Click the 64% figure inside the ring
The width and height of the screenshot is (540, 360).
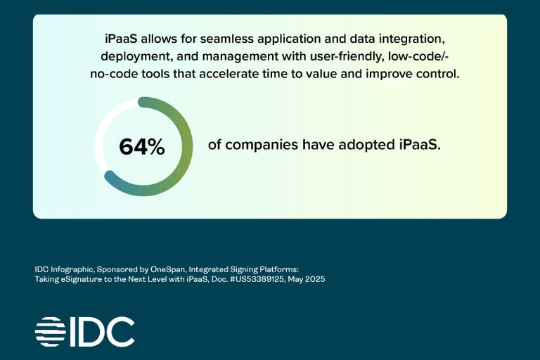(142, 147)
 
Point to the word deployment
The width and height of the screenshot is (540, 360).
(136, 56)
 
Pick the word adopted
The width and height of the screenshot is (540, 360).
(367, 145)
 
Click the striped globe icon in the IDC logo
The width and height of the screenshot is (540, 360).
(51, 332)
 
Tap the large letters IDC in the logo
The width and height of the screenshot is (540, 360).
(102, 332)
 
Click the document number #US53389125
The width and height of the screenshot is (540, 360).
(257, 279)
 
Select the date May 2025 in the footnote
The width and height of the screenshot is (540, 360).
(307, 279)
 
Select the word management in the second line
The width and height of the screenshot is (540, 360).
(240, 56)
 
